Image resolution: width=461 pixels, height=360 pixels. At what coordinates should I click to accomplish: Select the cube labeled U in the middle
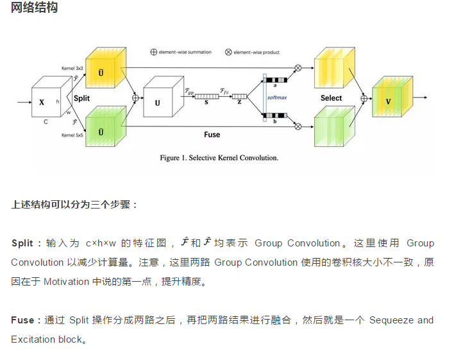click(159, 101)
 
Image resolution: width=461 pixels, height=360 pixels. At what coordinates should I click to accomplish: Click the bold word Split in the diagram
click(81, 99)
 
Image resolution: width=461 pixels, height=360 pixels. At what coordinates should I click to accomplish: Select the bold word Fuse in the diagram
click(212, 135)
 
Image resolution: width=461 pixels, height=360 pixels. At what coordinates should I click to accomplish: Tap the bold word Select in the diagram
click(331, 98)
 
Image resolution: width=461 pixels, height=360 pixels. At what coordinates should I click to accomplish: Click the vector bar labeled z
click(240, 97)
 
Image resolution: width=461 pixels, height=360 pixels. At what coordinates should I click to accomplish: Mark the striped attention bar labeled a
click(276, 80)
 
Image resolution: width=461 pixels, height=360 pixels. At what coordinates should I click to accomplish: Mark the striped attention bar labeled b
click(276, 116)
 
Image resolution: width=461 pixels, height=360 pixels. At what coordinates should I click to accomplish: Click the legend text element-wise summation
click(185, 52)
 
